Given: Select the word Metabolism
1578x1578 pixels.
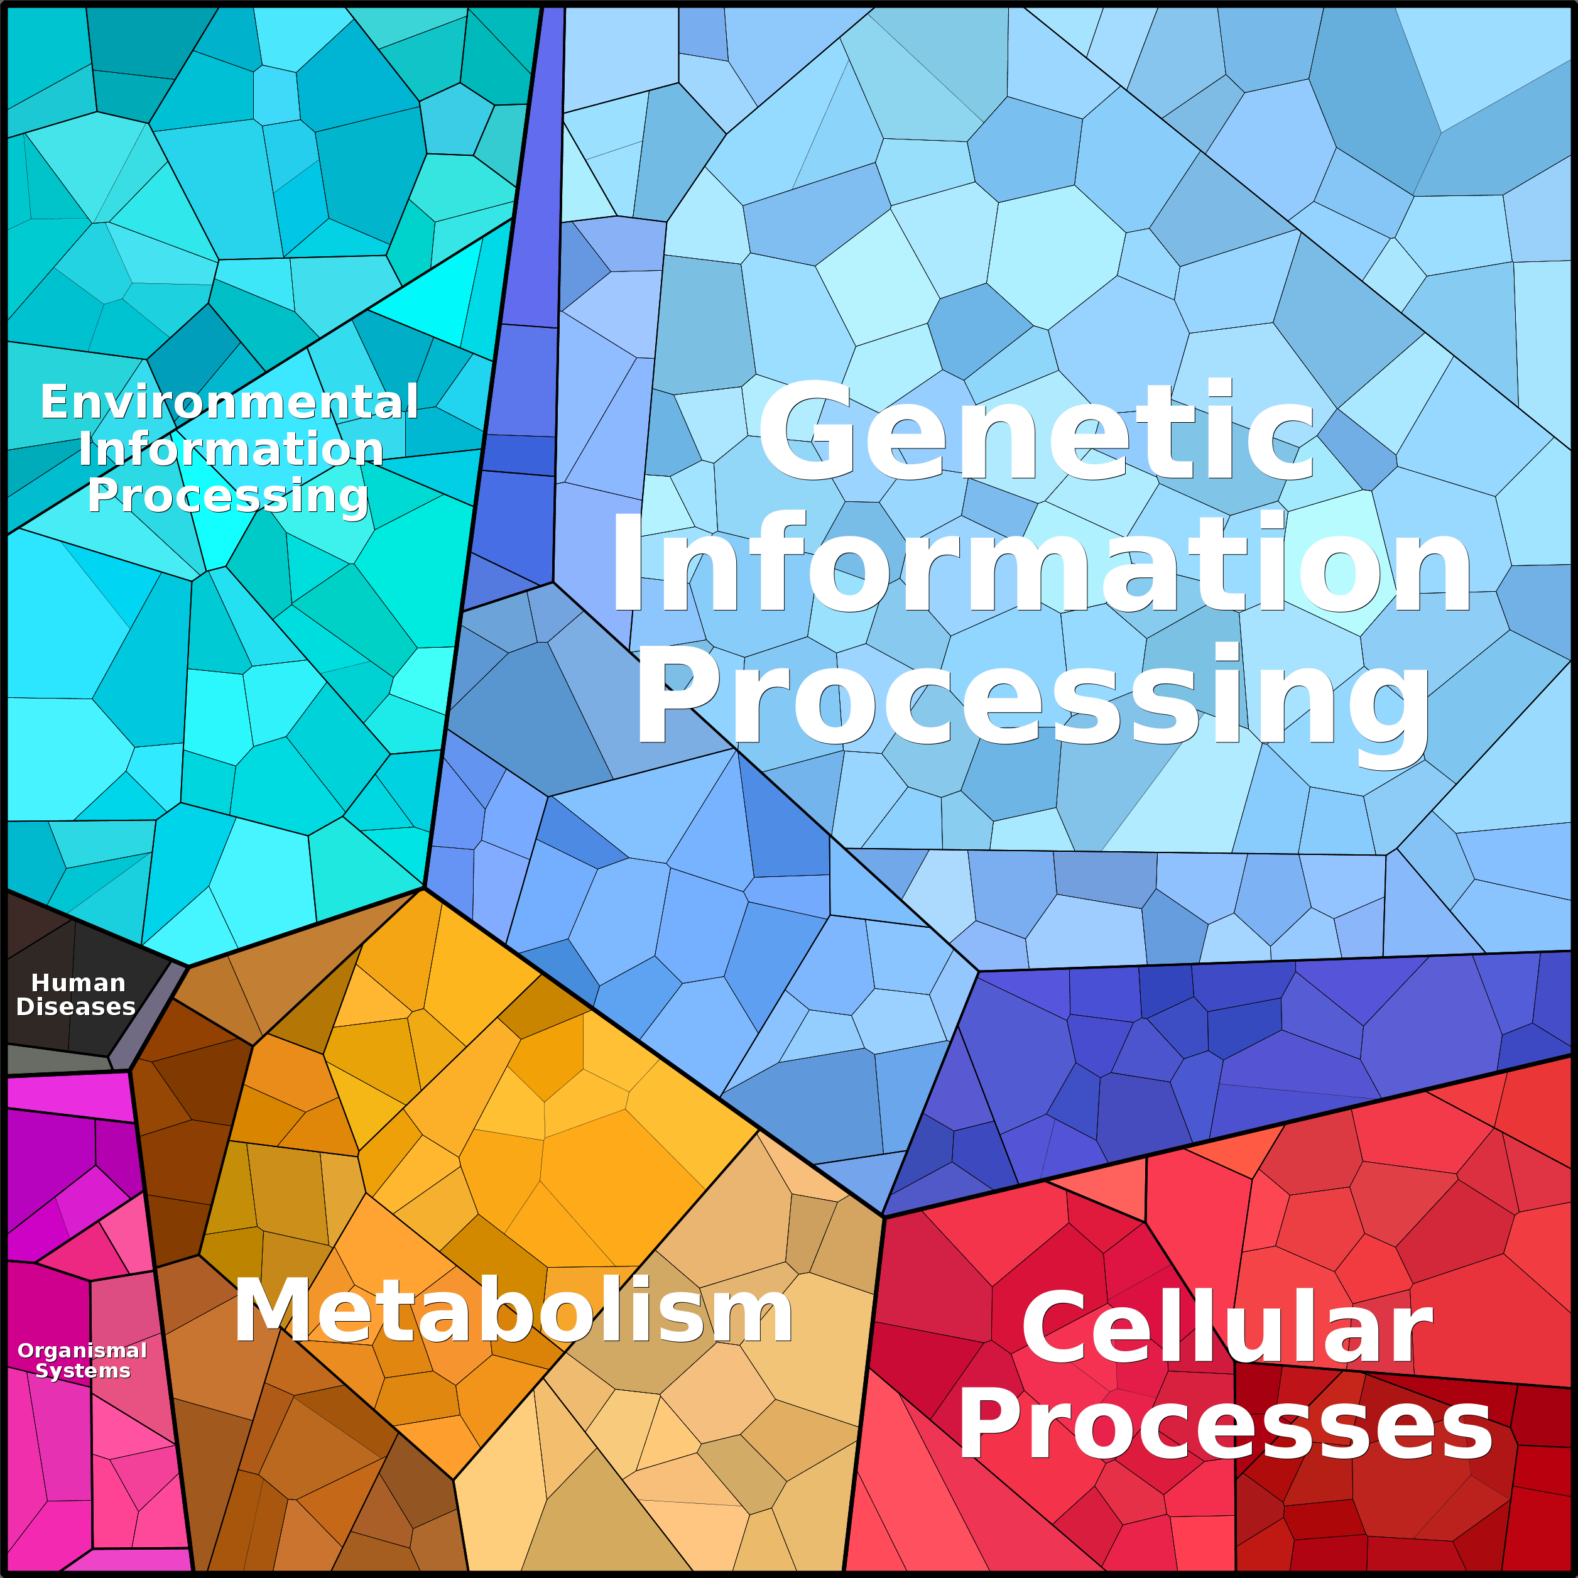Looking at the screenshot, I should click(x=513, y=1311).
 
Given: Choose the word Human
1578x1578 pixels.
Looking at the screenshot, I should click(x=79, y=982).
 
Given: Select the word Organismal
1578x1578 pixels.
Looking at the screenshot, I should click(x=82, y=1351).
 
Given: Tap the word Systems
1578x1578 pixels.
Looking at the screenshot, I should click(x=82, y=1371).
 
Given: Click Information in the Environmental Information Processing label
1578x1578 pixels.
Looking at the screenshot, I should click(x=231, y=449).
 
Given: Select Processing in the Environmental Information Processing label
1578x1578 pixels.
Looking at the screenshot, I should click(x=228, y=496).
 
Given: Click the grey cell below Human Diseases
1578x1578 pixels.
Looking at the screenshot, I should click(x=57, y=1060).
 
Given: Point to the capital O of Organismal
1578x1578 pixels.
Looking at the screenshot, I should click(x=24, y=1351).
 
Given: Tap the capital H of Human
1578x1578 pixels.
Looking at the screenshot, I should click(x=38, y=982).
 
